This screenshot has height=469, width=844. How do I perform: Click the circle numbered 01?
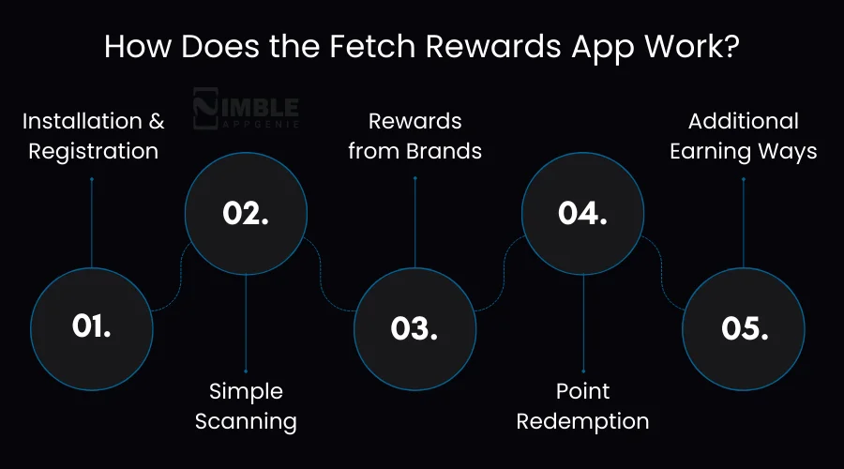(91, 327)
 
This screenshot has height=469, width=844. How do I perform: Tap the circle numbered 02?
(246, 213)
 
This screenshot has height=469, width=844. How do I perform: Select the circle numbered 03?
(414, 327)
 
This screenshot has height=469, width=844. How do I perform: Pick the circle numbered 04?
(582, 213)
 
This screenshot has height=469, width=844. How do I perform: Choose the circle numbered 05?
(743, 327)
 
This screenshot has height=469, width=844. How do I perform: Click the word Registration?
(93, 151)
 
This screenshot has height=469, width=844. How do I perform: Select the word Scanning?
(246, 421)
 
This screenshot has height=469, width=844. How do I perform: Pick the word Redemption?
(582, 421)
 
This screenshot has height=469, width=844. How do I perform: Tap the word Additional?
(744, 121)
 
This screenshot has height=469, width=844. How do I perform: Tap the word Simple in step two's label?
(246, 391)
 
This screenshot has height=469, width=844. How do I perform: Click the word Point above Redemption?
(582, 391)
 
